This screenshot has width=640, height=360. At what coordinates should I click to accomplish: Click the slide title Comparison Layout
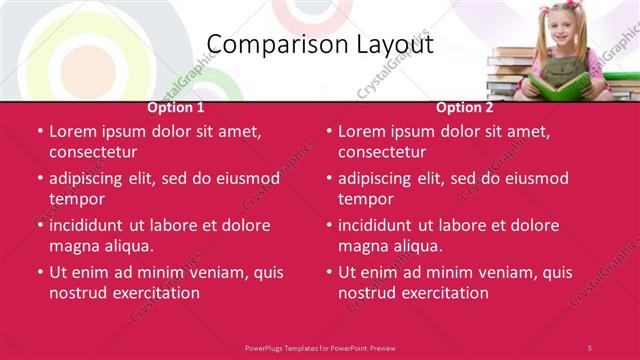point(320,45)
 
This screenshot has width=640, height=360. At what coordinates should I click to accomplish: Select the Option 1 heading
point(176,107)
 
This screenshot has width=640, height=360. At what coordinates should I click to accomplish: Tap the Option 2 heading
point(465,107)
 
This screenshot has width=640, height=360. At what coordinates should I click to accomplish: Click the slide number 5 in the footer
point(590,347)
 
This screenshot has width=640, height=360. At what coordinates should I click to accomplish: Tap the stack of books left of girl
point(510,72)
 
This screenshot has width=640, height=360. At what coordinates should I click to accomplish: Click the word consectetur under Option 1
point(93,152)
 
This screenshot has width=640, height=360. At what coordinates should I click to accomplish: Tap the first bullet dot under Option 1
point(39,132)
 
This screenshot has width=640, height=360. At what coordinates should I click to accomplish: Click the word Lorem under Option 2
point(361,131)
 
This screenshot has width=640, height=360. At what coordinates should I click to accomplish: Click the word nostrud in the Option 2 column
point(367,293)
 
